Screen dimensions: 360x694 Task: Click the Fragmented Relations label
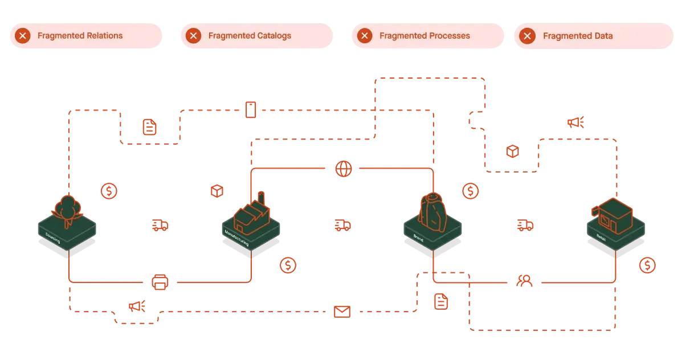(x=80, y=36)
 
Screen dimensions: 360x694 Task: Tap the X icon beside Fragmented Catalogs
(x=194, y=36)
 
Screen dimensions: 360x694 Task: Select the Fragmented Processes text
(x=424, y=36)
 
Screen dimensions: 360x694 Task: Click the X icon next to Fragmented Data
(x=528, y=36)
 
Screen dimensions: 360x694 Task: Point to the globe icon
(x=344, y=169)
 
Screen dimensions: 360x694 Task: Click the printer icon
(x=160, y=282)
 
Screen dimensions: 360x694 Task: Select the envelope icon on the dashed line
(x=342, y=312)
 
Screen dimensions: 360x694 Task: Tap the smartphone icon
(x=250, y=109)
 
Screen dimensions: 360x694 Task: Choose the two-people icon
(x=524, y=281)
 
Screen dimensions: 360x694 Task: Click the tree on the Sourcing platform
(x=68, y=208)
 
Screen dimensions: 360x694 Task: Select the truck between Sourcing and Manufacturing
(x=160, y=226)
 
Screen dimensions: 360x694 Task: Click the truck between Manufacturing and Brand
(x=342, y=226)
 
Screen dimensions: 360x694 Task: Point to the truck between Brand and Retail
(x=525, y=226)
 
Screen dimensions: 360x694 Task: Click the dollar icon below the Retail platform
(x=647, y=265)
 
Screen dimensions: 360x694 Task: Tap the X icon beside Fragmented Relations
(x=23, y=36)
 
